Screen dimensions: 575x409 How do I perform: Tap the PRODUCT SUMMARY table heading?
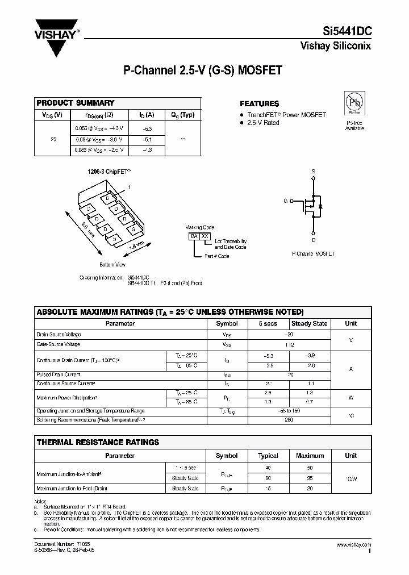(76, 103)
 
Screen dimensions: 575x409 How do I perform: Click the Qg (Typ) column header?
(182, 115)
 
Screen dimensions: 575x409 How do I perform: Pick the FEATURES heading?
(259, 104)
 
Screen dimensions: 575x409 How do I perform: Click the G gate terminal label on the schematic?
(286, 201)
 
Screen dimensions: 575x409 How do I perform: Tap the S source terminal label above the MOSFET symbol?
(312, 171)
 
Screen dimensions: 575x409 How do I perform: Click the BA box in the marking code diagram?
(194, 236)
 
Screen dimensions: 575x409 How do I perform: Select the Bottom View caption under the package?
(112, 264)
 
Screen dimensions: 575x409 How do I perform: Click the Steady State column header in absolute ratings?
(309, 323)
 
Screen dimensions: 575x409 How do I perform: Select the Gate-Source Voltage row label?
(59, 344)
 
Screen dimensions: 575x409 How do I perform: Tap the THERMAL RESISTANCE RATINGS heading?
(98, 441)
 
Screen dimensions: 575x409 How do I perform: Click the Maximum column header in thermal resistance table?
(310, 455)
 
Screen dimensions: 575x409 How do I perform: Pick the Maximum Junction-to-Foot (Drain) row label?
(72, 488)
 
